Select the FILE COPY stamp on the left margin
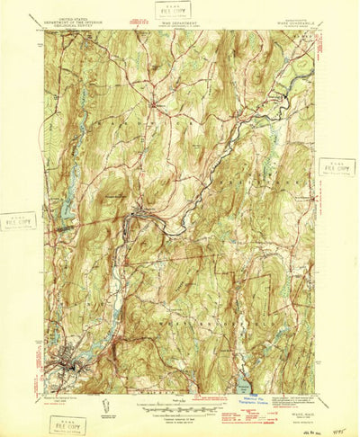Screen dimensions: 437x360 point(17,220)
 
